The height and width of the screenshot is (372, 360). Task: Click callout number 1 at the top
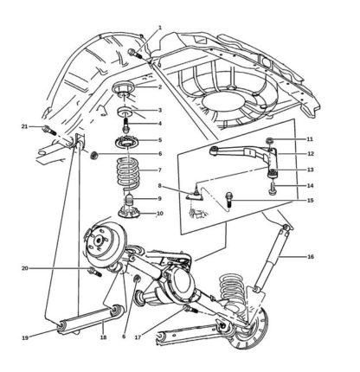160,28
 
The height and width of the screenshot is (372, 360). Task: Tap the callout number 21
24,126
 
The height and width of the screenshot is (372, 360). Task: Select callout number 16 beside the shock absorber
311,256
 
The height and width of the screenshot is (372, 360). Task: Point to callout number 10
159,214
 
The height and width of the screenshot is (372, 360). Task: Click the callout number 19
25,337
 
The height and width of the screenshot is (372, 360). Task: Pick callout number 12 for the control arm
311,154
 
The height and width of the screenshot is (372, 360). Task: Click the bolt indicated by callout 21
49,131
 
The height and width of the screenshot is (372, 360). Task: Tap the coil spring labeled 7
128,173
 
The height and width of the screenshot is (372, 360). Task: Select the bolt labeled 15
229,200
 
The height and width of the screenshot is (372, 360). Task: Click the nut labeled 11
269,141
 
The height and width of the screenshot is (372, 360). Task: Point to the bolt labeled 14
272,188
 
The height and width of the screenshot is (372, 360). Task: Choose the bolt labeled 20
95,272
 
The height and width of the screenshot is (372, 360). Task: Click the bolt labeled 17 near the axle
191,310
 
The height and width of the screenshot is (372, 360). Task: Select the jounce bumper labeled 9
129,199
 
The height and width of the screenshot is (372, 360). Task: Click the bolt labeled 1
134,54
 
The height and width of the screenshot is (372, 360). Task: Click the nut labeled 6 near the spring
93,156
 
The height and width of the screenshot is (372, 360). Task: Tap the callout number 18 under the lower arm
103,337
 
